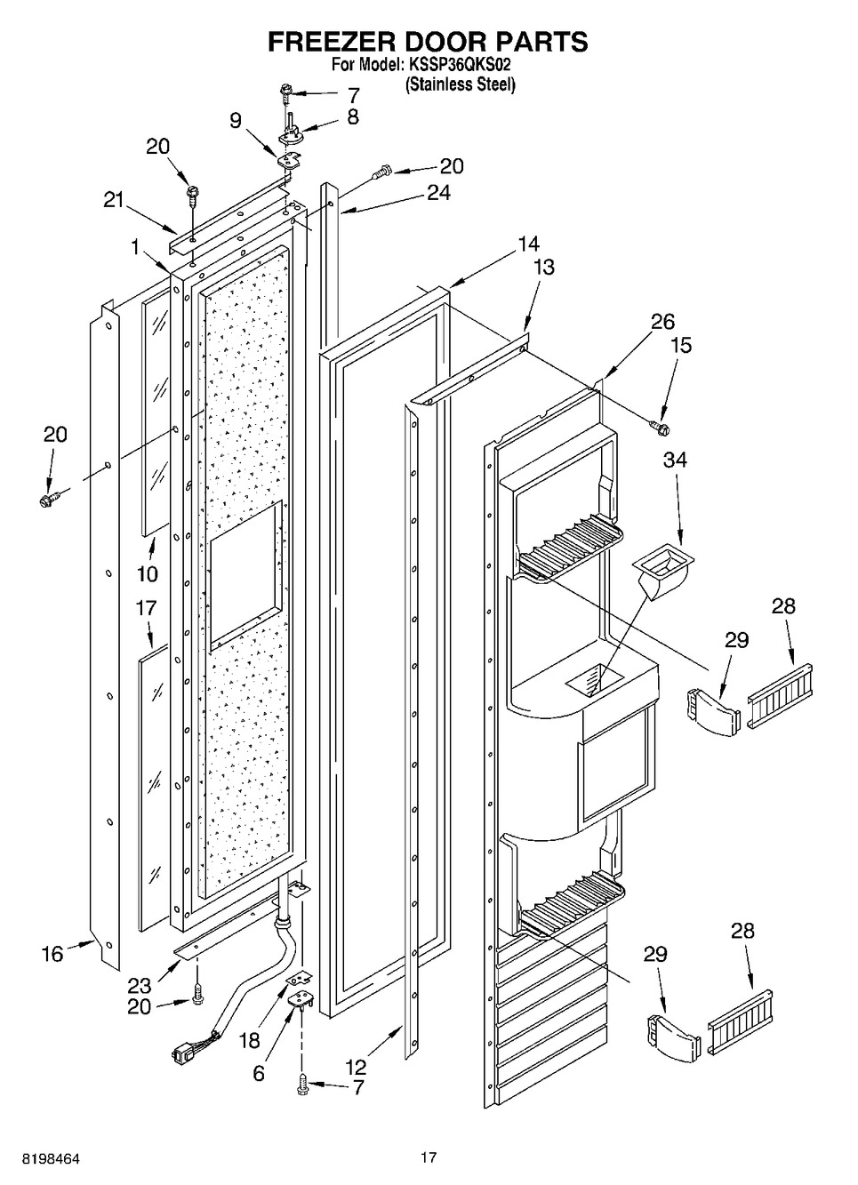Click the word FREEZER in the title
click(x=331, y=41)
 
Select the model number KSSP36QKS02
click(x=459, y=66)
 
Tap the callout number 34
click(x=675, y=460)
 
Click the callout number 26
click(x=662, y=322)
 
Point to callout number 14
click(x=528, y=244)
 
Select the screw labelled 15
click(x=659, y=426)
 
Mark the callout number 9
click(x=236, y=121)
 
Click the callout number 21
click(x=113, y=201)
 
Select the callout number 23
click(x=139, y=985)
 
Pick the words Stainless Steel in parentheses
click(x=460, y=84)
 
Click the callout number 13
click(x=544, y=268)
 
